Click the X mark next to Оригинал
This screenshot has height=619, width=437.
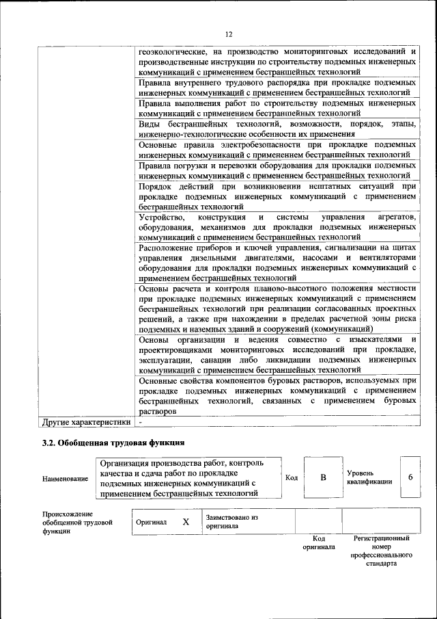(185, 522)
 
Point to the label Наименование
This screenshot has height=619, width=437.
(65, 479)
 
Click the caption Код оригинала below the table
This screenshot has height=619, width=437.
(319, 543)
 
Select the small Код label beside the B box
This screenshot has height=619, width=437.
(291, 477)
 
